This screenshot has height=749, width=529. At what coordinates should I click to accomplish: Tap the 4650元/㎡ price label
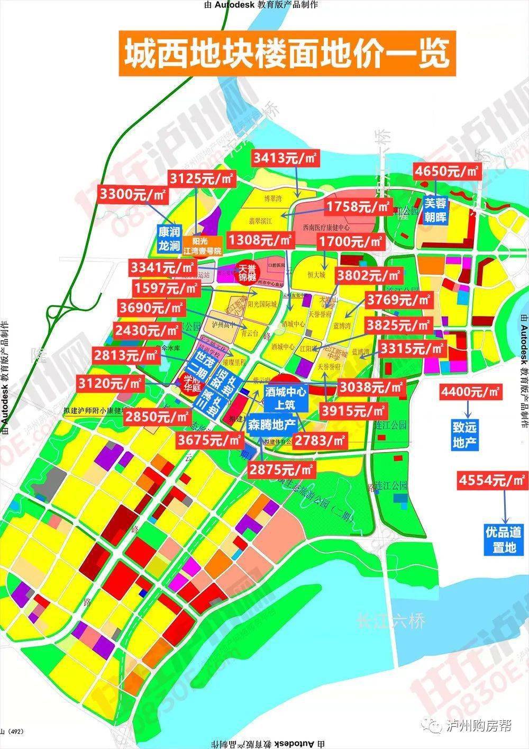tap(446, 171)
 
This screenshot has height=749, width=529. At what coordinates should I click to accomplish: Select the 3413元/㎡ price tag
tap(284, 157)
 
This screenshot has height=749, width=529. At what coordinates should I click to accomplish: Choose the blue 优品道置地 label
tap(504, 539)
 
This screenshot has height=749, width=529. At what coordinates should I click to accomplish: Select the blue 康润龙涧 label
tap(169, 239)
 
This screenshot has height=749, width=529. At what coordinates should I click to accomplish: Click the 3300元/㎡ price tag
tap(132, 194)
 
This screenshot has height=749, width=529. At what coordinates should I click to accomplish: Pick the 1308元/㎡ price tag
tap(260, 240)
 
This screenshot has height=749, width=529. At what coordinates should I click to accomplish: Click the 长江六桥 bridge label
tap(391, 620)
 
